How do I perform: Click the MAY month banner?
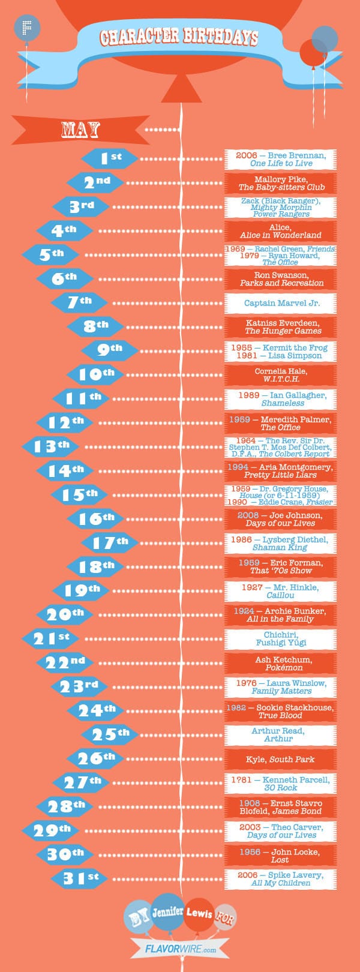point(80,129)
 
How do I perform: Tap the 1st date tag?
point(110,158)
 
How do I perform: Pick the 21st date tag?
point(50,638)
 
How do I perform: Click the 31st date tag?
point(80,878)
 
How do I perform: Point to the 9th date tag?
point(110,350)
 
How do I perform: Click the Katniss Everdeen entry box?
point(280,327)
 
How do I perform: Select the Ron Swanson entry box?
point(280,279)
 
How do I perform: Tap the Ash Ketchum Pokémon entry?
point(280,663)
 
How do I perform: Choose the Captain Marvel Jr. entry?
point(280,303)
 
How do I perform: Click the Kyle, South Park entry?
point(280,759)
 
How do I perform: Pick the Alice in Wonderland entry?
point(280,231)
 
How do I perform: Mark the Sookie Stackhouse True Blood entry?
point(280,711)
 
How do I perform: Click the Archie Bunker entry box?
point(280,615)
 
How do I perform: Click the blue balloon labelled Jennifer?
point(167,912)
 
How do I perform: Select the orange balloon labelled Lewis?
point(199,914)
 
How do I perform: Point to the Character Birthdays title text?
point(179,37)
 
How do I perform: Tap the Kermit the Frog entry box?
point(280,351)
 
